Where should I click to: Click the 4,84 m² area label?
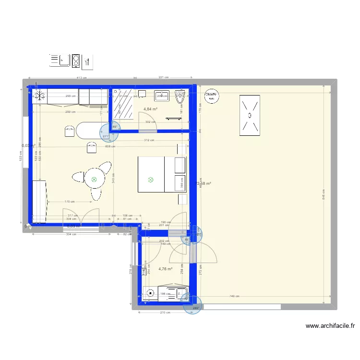click(151, 109)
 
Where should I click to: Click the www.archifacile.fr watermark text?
click(330, 326)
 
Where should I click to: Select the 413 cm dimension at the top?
click(81, 78)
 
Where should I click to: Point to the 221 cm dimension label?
click(163, 78)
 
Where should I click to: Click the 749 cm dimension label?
click(235, 296)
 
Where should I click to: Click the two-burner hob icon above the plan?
click(75, 60)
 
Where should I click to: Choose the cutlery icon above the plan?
click(87, 60)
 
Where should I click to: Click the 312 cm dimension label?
click(149, 141)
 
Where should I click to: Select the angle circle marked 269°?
click(195, 307)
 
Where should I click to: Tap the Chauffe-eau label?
click(211, 96)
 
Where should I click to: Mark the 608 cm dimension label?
click(110, 146)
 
